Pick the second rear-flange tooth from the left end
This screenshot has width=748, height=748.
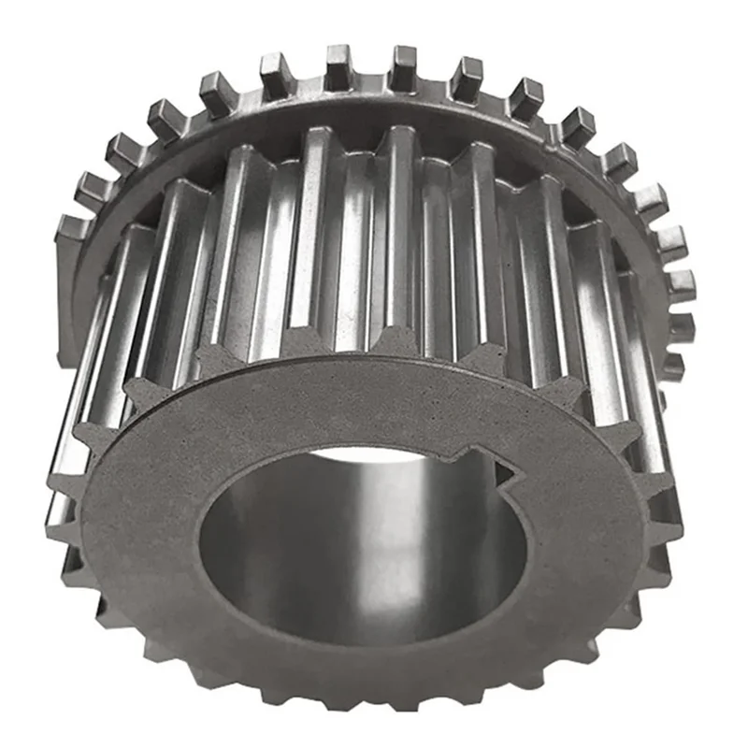pos(93,188)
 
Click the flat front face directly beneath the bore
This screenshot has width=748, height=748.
pos(355,683)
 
